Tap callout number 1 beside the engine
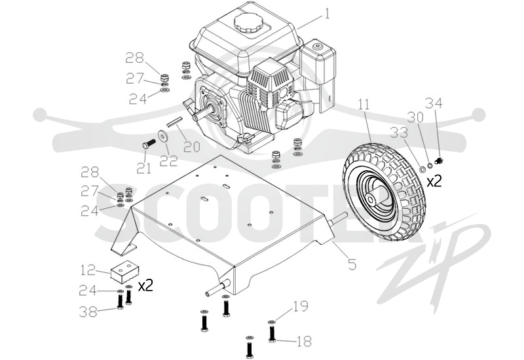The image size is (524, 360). point(327,14)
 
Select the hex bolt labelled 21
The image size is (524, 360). point(149,145)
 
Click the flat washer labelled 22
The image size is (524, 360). point(164,136)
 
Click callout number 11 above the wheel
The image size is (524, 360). point(364,104)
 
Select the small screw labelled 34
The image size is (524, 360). point(438,162)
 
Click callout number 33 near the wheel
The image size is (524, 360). point(400,133)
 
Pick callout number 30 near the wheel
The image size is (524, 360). point(415,117)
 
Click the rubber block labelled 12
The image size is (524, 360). point(124,272)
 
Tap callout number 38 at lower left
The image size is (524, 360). point(88,312)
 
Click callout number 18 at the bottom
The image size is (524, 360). point(303,341)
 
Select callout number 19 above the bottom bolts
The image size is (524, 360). point(300,306)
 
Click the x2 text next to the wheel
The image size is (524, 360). point(434,181)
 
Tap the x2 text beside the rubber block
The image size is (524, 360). point(145,286)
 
